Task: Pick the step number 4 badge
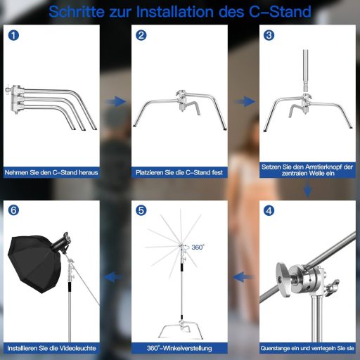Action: click(x=269, y=210)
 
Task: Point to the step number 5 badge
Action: click(x=142, y=210)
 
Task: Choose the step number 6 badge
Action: click(x=14, y=210)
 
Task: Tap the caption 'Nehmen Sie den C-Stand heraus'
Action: click(x=51, y=172)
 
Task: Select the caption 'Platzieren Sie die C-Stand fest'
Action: click(x=179, y=172)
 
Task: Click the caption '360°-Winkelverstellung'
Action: click(x=179, y=347)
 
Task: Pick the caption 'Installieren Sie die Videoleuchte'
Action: click(x=51, y=347)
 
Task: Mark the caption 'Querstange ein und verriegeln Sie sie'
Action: click(x=307, y=347)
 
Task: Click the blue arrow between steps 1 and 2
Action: click(x=115, y=102)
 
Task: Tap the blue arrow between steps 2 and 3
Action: click(x=243, y=102)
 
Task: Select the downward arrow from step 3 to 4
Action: click(x=307, y=191)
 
